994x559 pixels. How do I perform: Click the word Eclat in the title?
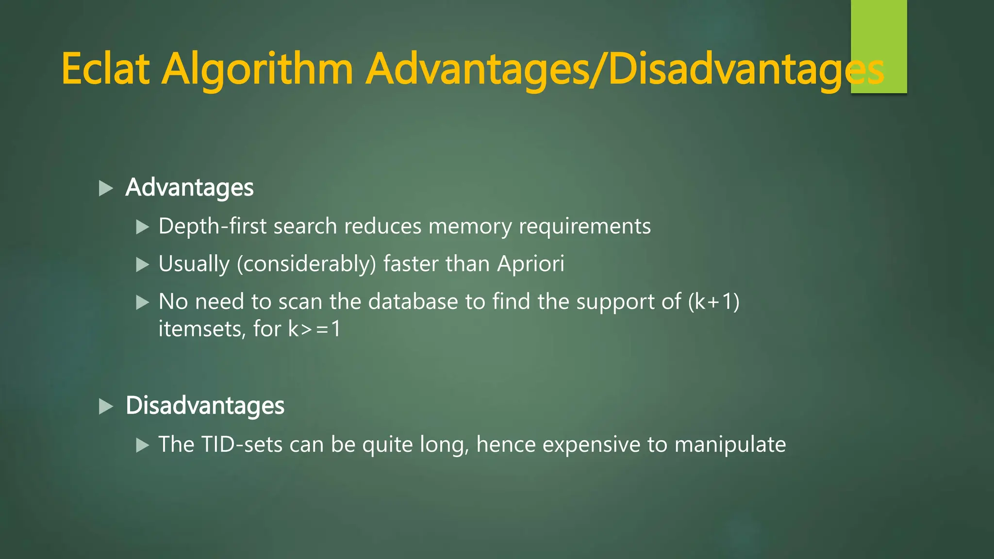tap(105, 69)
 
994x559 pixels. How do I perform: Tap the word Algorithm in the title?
tap(257, 69)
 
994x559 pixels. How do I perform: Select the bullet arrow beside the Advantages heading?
tap(105, 188)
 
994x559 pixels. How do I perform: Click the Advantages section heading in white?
tap(189, 188)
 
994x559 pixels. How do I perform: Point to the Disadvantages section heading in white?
tap(205, 406)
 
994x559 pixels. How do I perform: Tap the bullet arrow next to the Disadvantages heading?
tap(105, 406)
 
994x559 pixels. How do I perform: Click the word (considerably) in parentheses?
tap(306, 264)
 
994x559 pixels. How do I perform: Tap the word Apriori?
tap(530, 264)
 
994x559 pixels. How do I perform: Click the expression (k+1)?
tap(713, 302)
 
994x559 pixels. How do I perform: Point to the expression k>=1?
tap(315, 329)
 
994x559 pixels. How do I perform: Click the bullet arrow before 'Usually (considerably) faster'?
tap(142, 264)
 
